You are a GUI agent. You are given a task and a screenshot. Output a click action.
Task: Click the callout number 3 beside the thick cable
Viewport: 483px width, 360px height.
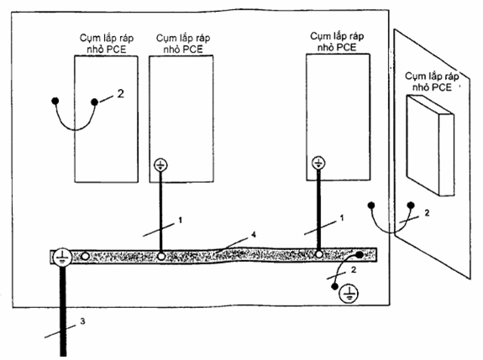tap(82, 321)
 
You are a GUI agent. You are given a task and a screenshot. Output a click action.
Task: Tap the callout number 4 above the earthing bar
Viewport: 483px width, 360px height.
tap(254, 235)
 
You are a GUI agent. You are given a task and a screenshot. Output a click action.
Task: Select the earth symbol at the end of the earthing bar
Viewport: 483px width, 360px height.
tap(62, 257)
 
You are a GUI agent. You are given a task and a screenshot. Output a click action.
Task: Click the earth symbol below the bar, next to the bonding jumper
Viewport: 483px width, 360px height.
tap(349, 293)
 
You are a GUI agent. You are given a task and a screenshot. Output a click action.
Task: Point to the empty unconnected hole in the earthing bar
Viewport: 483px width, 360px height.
tap(86, 256)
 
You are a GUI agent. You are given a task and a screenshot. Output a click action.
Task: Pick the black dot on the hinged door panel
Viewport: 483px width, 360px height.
tap(411, 206)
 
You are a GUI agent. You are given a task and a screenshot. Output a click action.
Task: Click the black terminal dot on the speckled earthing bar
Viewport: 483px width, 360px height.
tap(360, 255)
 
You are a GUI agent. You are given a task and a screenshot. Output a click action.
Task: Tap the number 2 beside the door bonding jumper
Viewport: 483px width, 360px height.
tap(427, 213)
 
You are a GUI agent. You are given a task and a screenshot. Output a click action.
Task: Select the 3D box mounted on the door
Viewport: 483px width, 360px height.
tap(430, 145)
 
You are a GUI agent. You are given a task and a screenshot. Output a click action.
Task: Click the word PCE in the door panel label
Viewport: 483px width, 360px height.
tap(440, 87)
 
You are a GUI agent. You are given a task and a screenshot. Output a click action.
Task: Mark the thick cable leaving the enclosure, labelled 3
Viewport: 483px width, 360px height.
tap(63, 310)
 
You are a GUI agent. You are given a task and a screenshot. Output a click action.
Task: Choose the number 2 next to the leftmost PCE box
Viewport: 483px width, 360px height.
tap(120, 93)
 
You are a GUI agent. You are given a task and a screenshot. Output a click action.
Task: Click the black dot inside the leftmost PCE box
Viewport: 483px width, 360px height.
tap(95, 102)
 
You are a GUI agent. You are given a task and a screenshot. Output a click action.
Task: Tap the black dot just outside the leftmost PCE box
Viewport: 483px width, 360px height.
tap(55, 101)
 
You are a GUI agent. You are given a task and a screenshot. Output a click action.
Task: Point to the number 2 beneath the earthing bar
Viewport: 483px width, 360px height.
tap(354, 270)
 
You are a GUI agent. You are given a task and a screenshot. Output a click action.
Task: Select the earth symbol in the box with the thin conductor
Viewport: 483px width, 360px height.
tap(160, 165)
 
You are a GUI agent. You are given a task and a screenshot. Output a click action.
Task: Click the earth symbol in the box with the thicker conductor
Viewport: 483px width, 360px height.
tap(318, 163)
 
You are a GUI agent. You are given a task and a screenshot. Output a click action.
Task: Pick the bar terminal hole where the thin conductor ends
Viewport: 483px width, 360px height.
tap(160, 256)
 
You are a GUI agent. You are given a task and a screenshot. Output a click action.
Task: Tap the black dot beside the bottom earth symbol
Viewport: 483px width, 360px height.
tap(334, 287)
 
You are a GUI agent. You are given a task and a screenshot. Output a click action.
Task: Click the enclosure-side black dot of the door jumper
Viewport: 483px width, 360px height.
tap(371, 206)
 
